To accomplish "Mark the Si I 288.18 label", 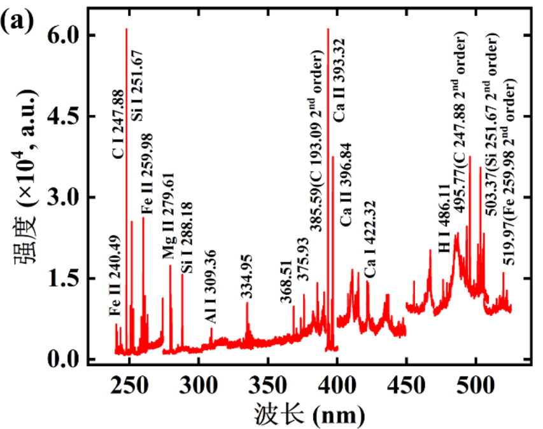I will [x=186, y=238].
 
